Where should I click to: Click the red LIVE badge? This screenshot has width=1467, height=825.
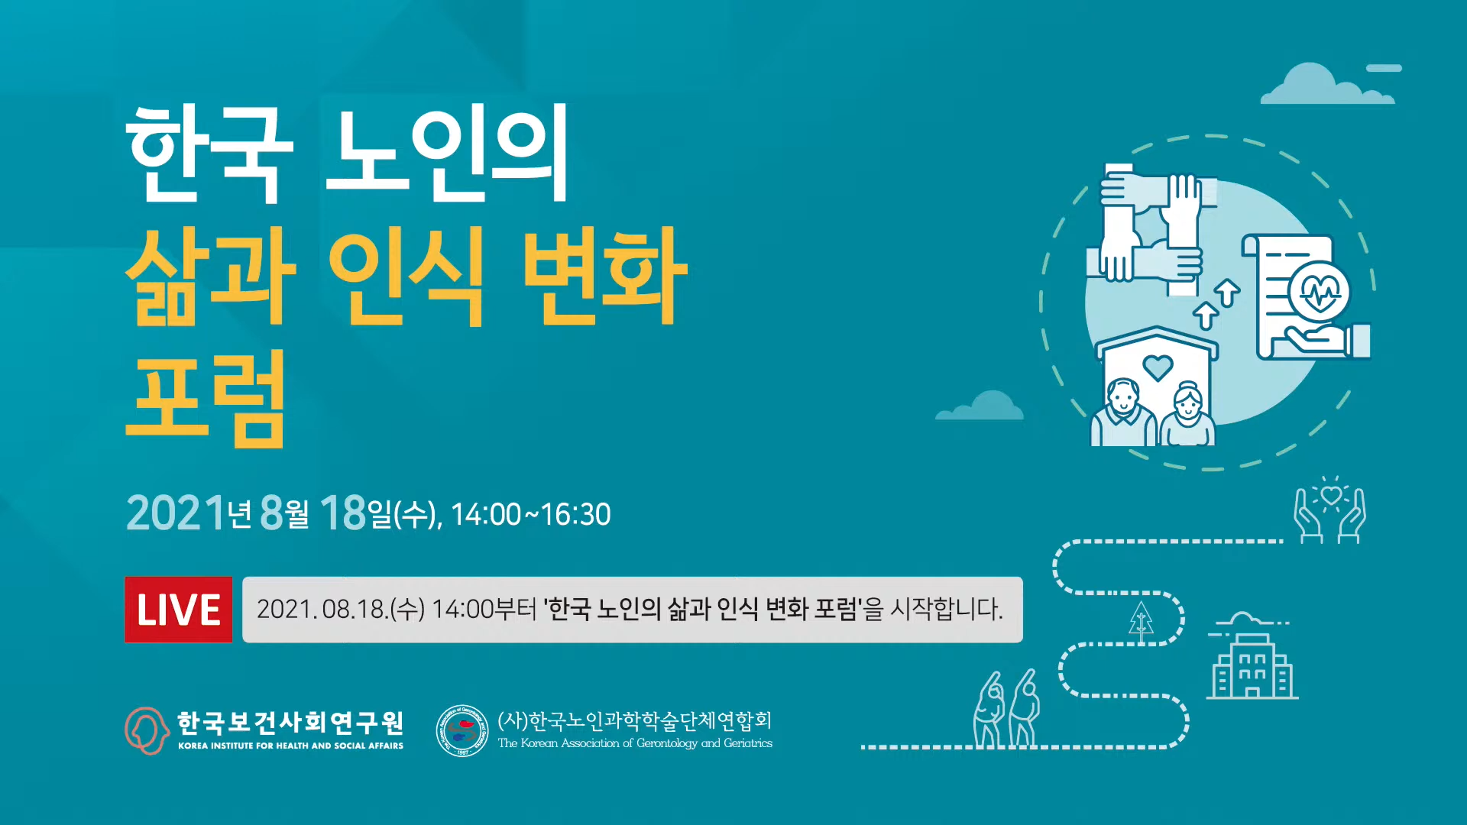pyautogui.click(x=178, y=610)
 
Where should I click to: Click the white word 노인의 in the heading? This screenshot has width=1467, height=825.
pyautogui.click(x=447, y=153)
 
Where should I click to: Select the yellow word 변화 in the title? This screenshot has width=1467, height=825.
pyautogui.click(x=605, y=276)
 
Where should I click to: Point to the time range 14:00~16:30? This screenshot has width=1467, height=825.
pyautogui.click(x=531, y=515)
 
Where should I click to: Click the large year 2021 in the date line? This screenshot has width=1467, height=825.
pyautogui.click(x=176, y=513)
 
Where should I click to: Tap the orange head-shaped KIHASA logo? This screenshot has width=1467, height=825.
pyautogui.click(x=147, y=731)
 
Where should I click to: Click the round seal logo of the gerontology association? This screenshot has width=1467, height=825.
pyautogui.click(x=461, y=731)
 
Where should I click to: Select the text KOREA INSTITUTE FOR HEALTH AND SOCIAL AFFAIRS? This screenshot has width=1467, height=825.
pyautogui.click(x=290, y=746)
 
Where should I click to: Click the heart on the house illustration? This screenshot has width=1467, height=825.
pyautogui.click(x=1158, y=367)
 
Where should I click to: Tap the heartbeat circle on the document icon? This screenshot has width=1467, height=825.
pyautogui.click(x=1320, y=291)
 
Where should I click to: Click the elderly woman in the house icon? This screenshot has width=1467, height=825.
pyautogui.click(x=1187, y=414)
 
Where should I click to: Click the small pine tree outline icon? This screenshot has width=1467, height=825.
pyautogui.click(x=1142, y=621)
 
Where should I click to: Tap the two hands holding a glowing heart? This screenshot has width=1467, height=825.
pyautogui.click(x=1330, y=510)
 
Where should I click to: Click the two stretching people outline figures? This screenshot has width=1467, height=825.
pyautogui.click(x=1007, y=708)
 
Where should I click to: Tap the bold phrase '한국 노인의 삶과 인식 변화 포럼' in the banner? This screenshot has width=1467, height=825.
pyautogui.click(x=701, y=610)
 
